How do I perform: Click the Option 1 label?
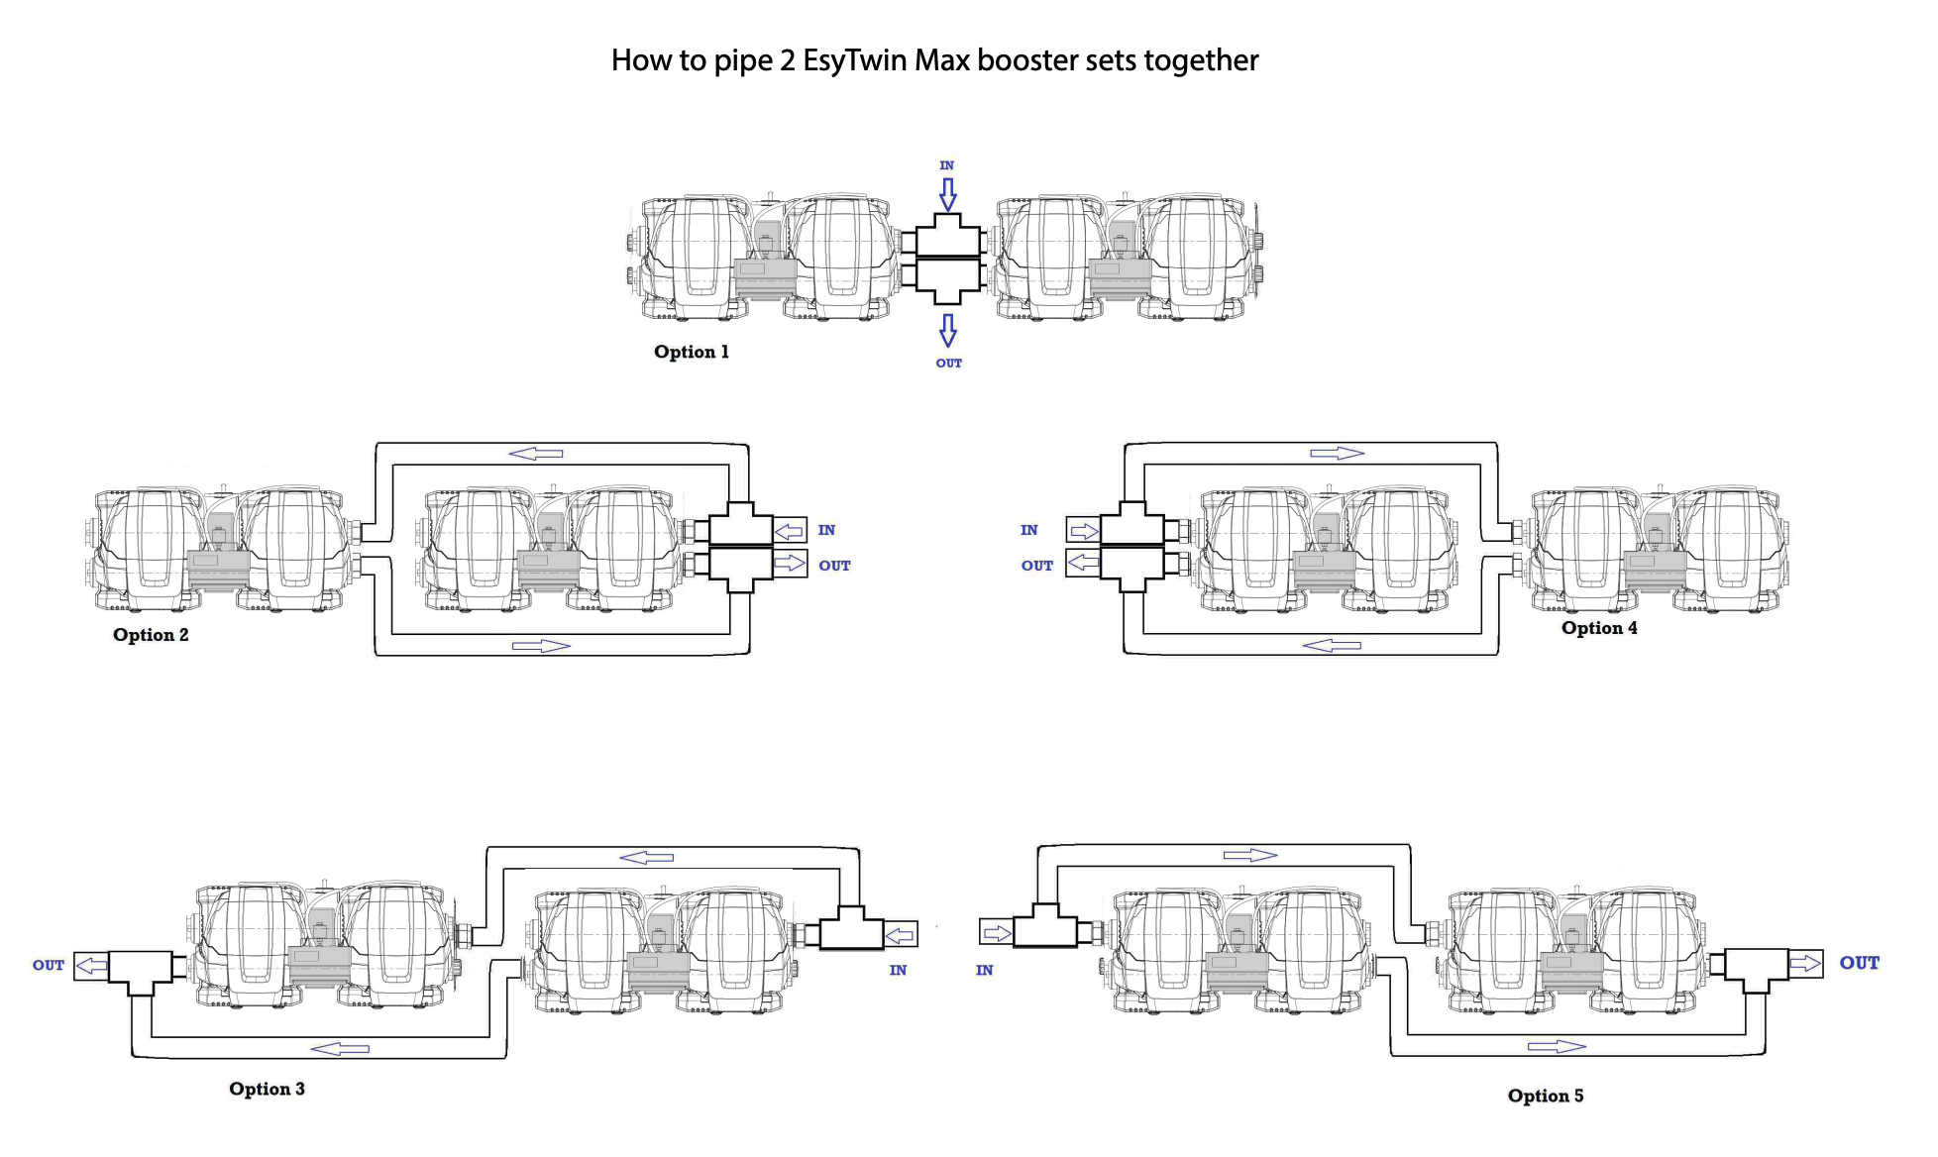click(x=691, y=352)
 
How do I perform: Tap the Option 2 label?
click(x=151, y=635)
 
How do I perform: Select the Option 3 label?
click(x=267, y=1089)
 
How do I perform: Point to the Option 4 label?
click(x=1599, y=628)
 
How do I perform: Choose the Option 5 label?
click(x=1546, y=1096)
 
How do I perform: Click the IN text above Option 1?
click(x=947, y=165)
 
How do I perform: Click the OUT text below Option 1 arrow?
click(x=949, y=364)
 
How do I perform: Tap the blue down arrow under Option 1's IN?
click(x=948, y=194)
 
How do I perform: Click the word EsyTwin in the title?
click(x=855, y=60)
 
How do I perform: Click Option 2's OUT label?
click(x=834, y=566)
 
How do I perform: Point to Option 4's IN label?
click(x=1029, y=530)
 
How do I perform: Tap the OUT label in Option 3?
click(x=49, y=965)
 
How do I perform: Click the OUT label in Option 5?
click(x=1859, y=963)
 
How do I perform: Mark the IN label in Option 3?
click(x=898, y=970)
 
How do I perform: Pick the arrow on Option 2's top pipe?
click(x=536, y=454)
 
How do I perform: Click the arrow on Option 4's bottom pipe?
click(x=1332, y=646)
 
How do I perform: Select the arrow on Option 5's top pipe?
click(x=1250, y=855)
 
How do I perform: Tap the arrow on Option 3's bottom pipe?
click(x=340, y=1048)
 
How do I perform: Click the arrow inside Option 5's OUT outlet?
click(x=1805, y=963)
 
